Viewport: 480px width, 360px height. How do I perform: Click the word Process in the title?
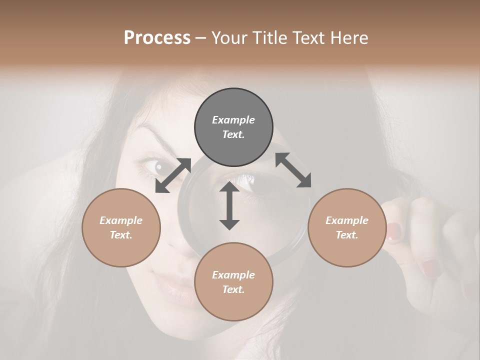pyautogui.click(x=157, y=38)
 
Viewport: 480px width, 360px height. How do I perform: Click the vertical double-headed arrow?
pyautogui.click(x=229, y=205)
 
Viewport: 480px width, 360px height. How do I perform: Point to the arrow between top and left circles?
pyautogui.click(x=173, y=175)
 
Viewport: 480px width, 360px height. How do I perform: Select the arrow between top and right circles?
pyautogui.click(x=293, y=170)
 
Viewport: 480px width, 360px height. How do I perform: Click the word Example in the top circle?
pyautogui.click(x=233, y=120)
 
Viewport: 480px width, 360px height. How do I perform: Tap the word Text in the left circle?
pyautogui.click(x=121, y=235)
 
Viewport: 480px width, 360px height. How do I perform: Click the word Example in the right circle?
pyautogui.click(x=347, y=220)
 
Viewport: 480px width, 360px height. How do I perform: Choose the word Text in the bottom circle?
pyautogui.click(x=233, y=289)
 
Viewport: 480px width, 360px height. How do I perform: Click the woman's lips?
pyautogui.click(x=172, y=288)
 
